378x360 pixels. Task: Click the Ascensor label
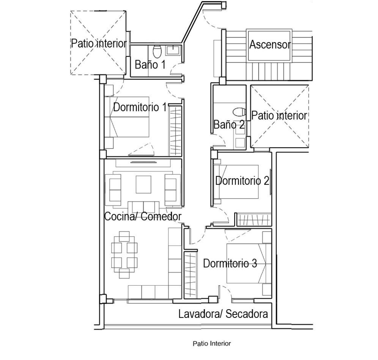tap(270, 45)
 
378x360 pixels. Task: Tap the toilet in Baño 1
tap(157, 52)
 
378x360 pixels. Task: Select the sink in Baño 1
tap(173, 50)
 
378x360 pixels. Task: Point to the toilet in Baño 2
tap(239, 112)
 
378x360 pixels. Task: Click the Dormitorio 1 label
tap(140, 107)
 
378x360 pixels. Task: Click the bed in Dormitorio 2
tap(236, 182)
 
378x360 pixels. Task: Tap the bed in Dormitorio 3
tap(249, 263)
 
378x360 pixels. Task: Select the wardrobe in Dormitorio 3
tap(191, 275)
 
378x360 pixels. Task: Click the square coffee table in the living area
tap(143, 184)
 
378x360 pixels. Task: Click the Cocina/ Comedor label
tap(143, 216)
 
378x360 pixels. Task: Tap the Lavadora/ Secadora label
tap(223, 314)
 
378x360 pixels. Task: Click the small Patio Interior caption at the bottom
tap(212, 343)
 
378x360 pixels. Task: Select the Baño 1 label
tap(150, 64)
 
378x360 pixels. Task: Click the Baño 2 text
tap(229, 124)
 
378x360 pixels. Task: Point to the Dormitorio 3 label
tap(230, 263)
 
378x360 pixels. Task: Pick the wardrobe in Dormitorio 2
tap(254, 220)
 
